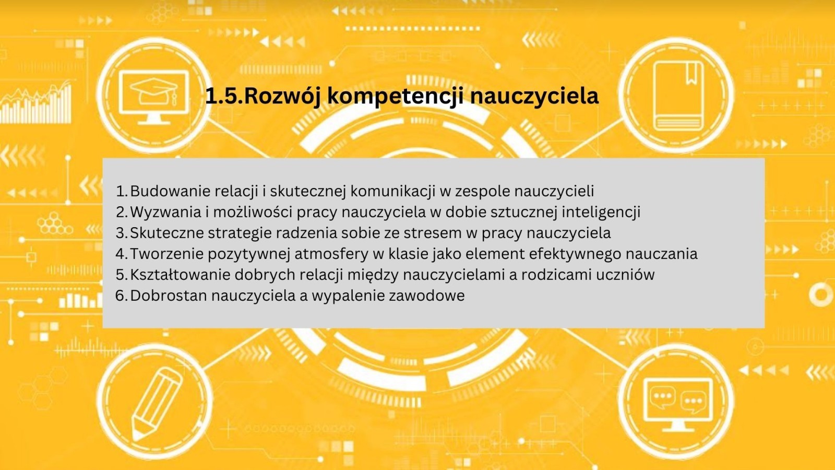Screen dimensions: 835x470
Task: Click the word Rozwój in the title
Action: pyautogui.click(x=283, y=96)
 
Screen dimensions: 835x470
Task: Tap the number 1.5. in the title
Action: pyautogui.click(x=224, y=96)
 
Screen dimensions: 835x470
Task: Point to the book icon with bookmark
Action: pyautogui.click(x=678, y=96)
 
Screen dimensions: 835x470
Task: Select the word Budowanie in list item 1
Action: pyautogui.click(x=169, y=191)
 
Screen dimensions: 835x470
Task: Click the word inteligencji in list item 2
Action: pyautogui.click(x=601, y=212)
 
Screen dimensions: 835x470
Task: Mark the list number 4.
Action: pyautogui.click(x=122, y=254)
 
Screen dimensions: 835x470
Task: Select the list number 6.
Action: pyautogui.click(x=122, y=296)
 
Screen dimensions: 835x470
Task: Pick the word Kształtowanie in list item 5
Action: pyautogui.click(x=181, y=275)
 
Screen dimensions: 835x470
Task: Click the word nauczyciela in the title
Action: pyautogui.click(x=534, y=97)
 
